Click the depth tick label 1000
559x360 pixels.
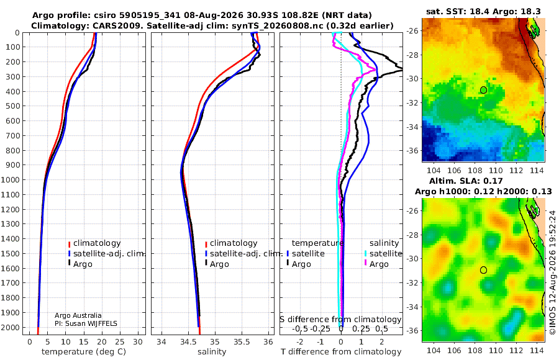point(12,179)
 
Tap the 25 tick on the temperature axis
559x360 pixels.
point(120,342)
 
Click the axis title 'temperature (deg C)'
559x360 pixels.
point(84,352)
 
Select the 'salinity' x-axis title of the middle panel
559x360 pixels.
point(212,352)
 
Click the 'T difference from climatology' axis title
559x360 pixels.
point(341,352)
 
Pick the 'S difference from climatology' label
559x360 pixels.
point(340,319)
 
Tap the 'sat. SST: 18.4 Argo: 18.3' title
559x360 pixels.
point(483,11)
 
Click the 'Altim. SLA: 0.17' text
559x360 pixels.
point(466,181)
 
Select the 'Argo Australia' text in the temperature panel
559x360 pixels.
point(78,315)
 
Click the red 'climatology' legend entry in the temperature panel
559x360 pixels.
point(94,243)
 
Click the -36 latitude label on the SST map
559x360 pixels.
point(412,150)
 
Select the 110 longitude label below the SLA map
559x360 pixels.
point(496,350)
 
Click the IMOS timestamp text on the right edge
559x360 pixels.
point(552,272)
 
